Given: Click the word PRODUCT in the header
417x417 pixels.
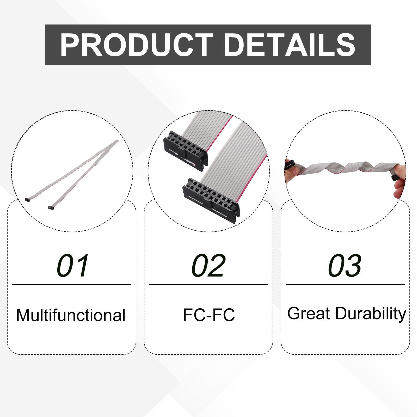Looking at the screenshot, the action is (x=137, y=45).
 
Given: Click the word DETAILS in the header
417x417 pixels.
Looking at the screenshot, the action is (x=290, y=45).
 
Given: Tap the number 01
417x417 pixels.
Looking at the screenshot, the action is (x=73, y=266).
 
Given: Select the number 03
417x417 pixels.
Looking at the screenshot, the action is (x=345, y=266).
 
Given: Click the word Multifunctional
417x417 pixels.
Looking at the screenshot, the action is (x=71, y=315).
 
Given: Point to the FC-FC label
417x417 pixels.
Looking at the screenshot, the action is (x=209, y=315).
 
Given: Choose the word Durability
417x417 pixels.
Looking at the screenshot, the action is (x=371, y=314).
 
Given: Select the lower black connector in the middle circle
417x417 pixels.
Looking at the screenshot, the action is (x=211, y=196).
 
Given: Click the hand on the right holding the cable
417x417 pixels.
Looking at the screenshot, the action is (x=399, y=180).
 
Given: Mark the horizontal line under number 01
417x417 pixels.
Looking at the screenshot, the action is (x=72, y=284).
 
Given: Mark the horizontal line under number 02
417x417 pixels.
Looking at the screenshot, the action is (x=208, y=284).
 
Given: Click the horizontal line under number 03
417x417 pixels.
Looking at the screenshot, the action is (x=345, y=284).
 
